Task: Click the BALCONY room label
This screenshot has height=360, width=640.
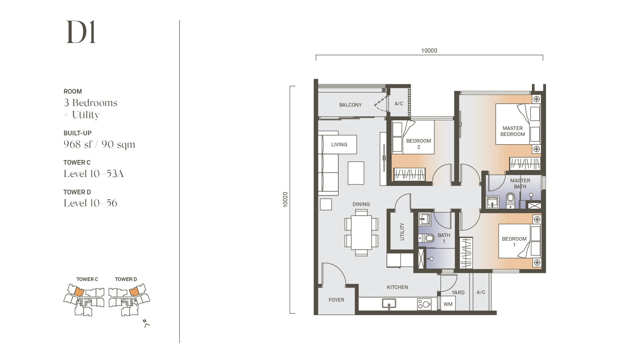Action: click(350, 105)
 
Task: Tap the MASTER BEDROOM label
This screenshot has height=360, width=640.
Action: click(513, 131)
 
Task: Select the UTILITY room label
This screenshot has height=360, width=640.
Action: click(402, 232)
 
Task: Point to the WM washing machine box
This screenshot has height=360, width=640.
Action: click(448, 304)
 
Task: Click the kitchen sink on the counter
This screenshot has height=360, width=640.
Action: click(389, 304)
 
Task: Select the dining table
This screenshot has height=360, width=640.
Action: click(361, 232)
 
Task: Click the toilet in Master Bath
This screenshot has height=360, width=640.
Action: click(511, 200)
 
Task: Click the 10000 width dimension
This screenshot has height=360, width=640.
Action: click(429, 51)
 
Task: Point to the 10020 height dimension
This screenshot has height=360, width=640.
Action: click(285, 200)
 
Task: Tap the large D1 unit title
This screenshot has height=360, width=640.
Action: click(81, 32)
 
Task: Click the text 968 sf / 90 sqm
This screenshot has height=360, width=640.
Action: click(99, 144)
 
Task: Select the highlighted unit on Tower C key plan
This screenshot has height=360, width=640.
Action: click(79, 292)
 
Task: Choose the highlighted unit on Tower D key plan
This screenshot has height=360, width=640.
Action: click(134, 292)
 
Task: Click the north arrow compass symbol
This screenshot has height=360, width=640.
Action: click(146, 323)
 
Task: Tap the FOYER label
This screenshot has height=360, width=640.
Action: click(336, 300)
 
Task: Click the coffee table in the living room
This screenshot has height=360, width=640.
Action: click(356, 173)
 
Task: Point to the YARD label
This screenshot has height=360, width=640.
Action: click(458, 293)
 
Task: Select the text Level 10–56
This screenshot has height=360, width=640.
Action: click(90, 203)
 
